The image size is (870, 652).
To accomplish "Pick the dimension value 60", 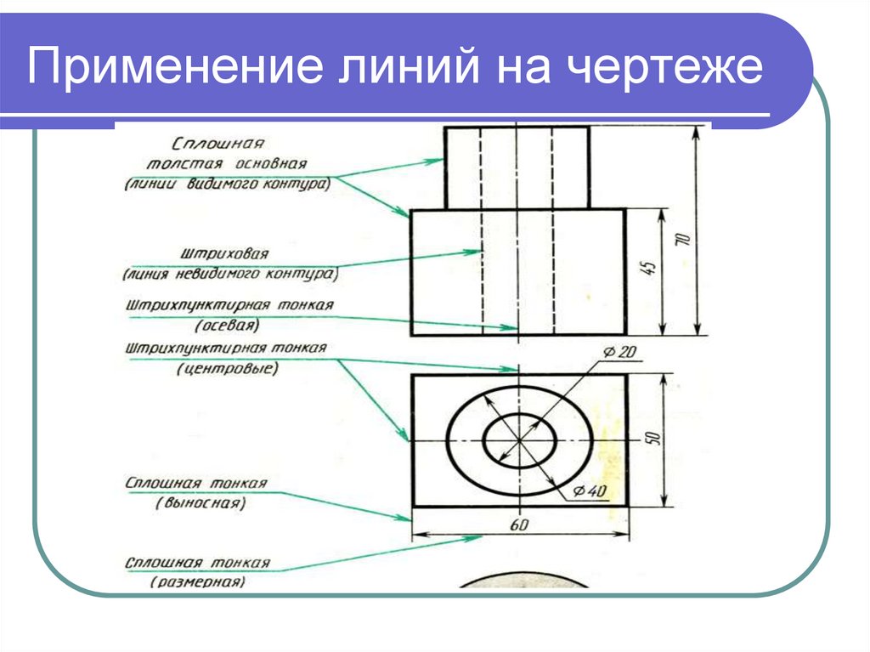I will click(x=520, y=525).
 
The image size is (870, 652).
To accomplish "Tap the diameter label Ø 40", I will click(x=590, y=490).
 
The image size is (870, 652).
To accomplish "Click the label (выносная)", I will click(x=201, y=503).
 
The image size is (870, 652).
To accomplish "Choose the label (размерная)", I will click(x=198, y=582).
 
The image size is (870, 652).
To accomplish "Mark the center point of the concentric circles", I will click(x=518, y=442).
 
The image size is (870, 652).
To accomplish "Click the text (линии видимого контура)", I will click(x=228, y=183).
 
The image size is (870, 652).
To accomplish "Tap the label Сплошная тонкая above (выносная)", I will click(x=196, y=483).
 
